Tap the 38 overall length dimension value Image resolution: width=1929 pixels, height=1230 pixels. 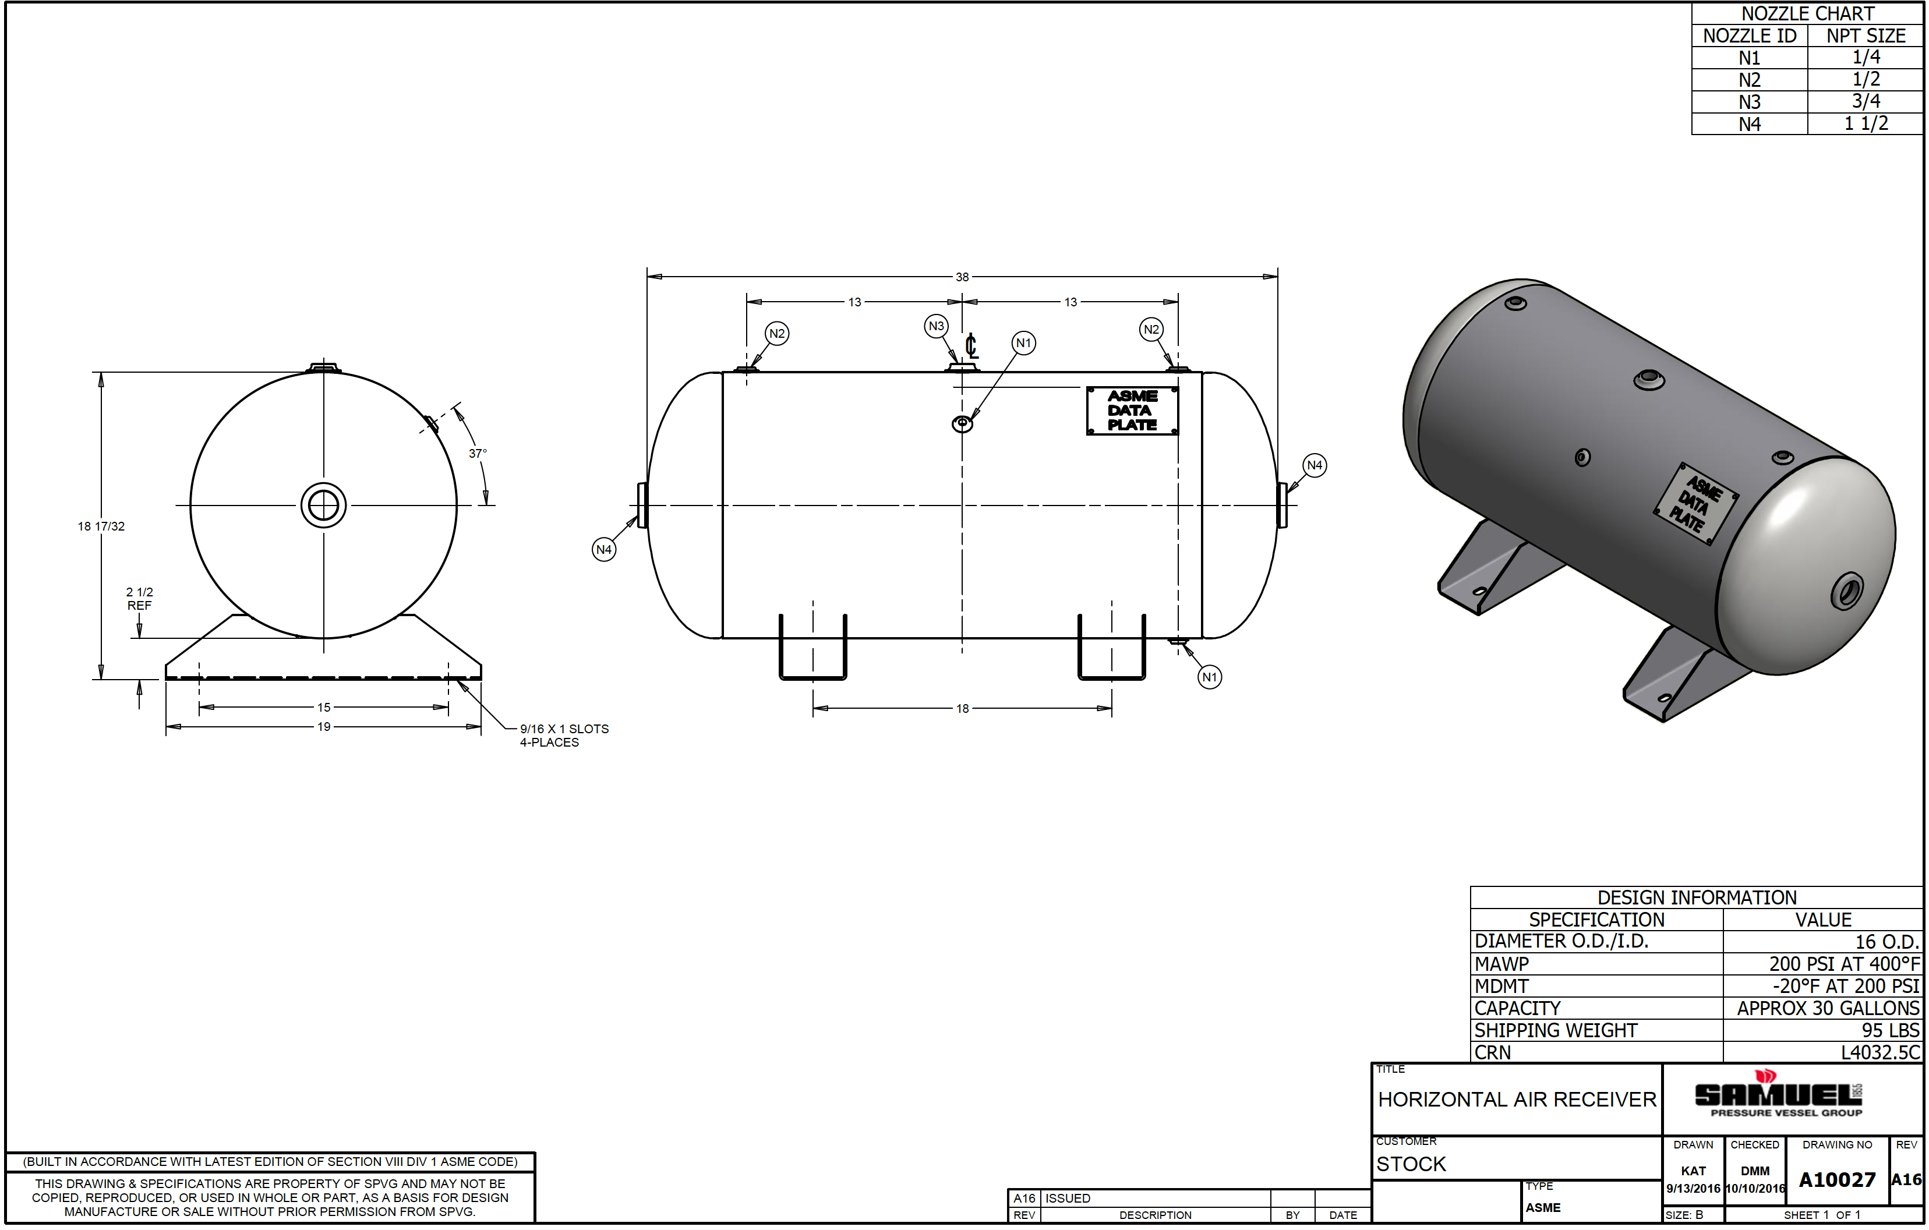pyautogui.click(x=962, y=277)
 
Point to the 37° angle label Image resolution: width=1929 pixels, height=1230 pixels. pyautogui.click(x=478, y=453)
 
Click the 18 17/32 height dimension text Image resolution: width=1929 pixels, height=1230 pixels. pyautogui.click(x=101, y=526)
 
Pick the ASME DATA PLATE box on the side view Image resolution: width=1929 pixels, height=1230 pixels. pyautogui.click(x=1132, y=411)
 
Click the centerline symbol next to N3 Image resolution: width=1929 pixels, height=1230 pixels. pyautogui.click(x=971, y=346)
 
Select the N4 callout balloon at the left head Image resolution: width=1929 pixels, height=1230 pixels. pyautogui.click(x=604, y=549)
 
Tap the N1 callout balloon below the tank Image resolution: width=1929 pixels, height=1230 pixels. pyautogui.click(x=1210, y=677)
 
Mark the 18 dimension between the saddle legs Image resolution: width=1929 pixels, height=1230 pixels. pyautogui.click(x=962, y=709)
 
